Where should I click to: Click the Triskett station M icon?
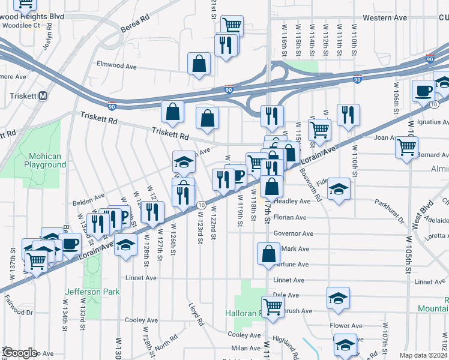click(43, 96)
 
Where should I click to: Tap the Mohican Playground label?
click(45, 160)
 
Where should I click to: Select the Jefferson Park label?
click(92, 292)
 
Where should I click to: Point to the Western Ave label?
click(385, 18)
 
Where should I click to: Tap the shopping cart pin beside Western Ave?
click(232, 25)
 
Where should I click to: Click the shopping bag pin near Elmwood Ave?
click(199, 64)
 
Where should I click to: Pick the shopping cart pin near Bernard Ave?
click(408, 146)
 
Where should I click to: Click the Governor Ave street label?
click(294, 233)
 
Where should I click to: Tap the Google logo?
click(19, 353)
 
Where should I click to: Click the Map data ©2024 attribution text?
click(423, 355)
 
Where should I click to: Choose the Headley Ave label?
click(294, 202)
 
